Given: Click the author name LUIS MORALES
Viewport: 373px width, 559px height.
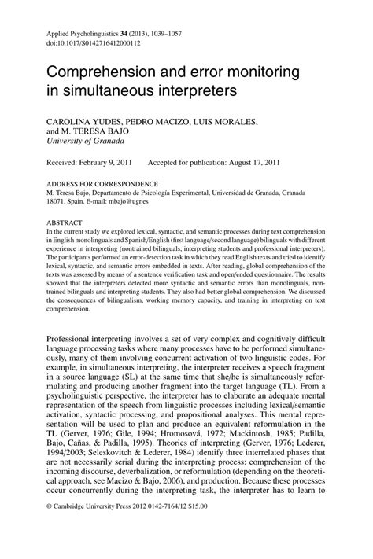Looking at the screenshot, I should click(229, 121).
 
